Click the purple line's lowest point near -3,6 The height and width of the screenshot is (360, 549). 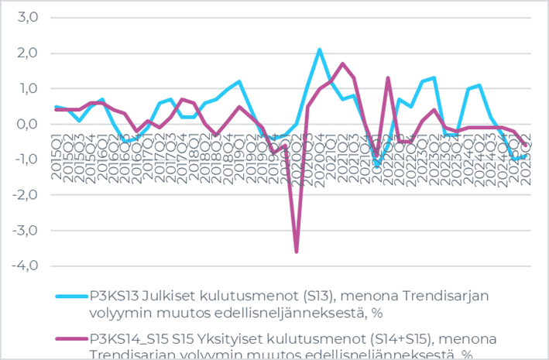coord(297,251)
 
